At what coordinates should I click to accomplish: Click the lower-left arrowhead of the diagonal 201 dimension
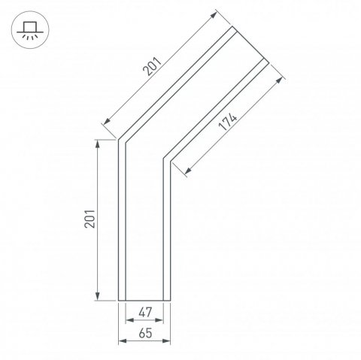click(x=103, y=123)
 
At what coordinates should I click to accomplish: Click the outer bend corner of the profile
click(x=119, y=138)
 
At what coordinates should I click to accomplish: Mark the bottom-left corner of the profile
click(x=119, y=300)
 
